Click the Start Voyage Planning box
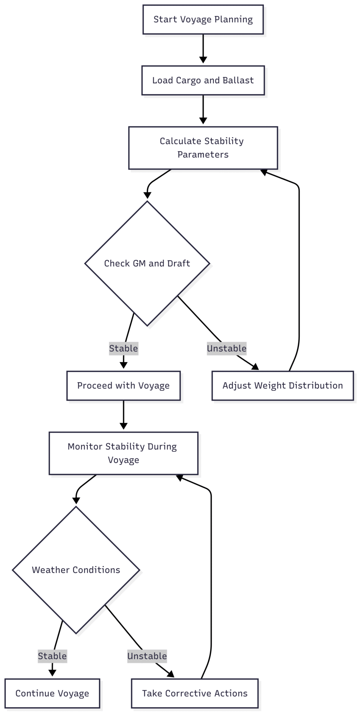tap(203, 20)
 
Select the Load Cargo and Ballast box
tap(203, 80)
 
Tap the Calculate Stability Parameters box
tap(203, 148)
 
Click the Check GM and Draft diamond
tap(147, 263)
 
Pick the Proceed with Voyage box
tap(123, 386)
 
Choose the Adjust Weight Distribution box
tap(282, 386)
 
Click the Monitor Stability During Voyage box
tap(123, 453)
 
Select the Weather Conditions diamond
tap(76, 570)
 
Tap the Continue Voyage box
tap(52, 693)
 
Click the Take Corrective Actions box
tap(195, 693)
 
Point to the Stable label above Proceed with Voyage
tap(123, 348)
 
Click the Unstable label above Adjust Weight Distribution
tap(226, 348)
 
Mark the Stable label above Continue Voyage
tap(52, 656)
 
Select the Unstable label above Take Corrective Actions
tap(147, 656)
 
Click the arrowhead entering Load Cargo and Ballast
tap(203, 60)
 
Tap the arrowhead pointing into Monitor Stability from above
tap(123, 426)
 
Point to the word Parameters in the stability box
tap(203, 155)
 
